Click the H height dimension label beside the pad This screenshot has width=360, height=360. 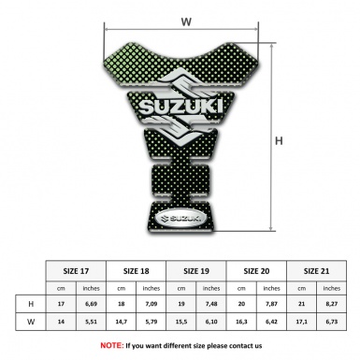point(278,141)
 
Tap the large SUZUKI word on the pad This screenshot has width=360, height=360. point(183,111)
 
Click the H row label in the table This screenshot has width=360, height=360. point(33,305)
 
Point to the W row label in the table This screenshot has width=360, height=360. point(33,323)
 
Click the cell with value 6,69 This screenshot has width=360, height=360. point(92,305)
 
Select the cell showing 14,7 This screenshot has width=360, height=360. point(122,323)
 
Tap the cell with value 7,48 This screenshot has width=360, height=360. point(212,305)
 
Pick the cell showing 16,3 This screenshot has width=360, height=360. point(242,323)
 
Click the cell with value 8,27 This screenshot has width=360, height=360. point(333,305)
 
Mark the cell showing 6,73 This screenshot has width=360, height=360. point(333,323)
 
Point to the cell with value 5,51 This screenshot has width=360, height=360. point(92,323)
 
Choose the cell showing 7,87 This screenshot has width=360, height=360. point(272,305)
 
